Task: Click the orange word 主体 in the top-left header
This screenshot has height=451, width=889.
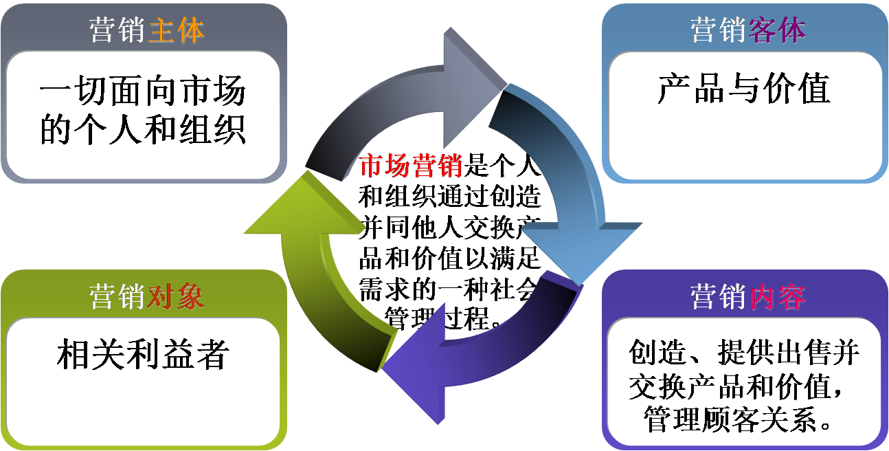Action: pyautogui.click(x=176, y=31)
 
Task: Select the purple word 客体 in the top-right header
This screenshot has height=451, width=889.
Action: pyautogui.click(x=778, y=31)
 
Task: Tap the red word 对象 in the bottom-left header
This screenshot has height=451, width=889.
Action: pyautogui.click(x=176, y=297)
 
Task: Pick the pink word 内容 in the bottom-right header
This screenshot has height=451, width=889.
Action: pyautogui.click(x=778, y=297)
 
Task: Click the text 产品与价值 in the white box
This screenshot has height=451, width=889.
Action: pyautogui.click(x=743, y=89)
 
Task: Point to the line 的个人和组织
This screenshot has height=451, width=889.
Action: pyautogui.click(x=142, y=129)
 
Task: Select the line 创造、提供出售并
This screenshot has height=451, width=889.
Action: pyautogui.click(x=743, y=353)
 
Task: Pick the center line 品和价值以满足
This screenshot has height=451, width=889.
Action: pyautogui.click(x=449, y=260)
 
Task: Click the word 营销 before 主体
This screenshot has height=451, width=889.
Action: pyautogui.click(x=117, y=31)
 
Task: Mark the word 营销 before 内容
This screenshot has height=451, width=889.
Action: pyautogui.click(x=719, y=297)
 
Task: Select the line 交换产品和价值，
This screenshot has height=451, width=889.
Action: pyautogui.click(x=743, y=386)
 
